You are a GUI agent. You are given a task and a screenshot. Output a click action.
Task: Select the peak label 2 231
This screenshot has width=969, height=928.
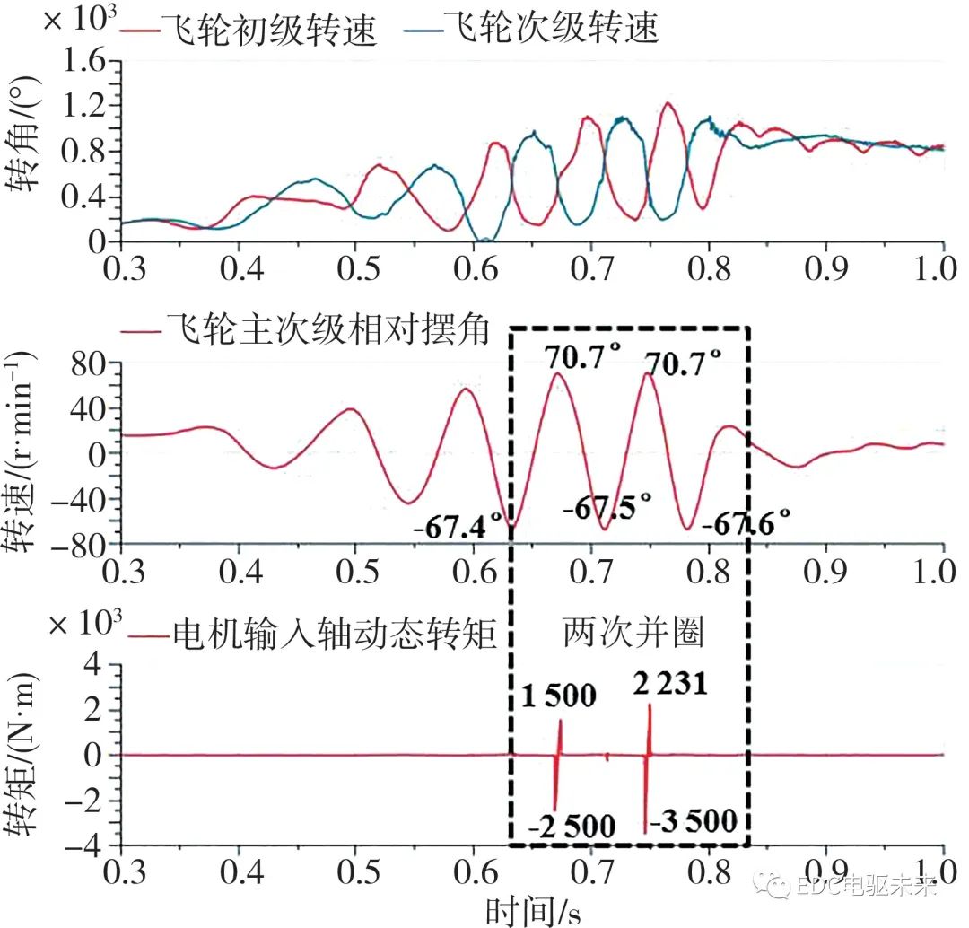point(669,685)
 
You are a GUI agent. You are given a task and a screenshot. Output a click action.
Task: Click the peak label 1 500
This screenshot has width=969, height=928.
point(557,696)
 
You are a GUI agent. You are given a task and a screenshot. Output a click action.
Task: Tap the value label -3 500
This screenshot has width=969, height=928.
point(694,820)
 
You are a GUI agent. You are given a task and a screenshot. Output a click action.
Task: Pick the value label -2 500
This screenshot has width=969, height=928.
point(571,826)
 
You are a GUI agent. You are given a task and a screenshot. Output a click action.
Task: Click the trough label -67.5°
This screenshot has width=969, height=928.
point(607,509)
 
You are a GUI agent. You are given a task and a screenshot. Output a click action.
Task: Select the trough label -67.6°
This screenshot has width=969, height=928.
point(746,521)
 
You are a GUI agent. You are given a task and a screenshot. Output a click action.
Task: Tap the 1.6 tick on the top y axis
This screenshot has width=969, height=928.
point(90,62)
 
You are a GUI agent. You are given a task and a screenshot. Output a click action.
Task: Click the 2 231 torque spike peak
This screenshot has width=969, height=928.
point(650,705)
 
